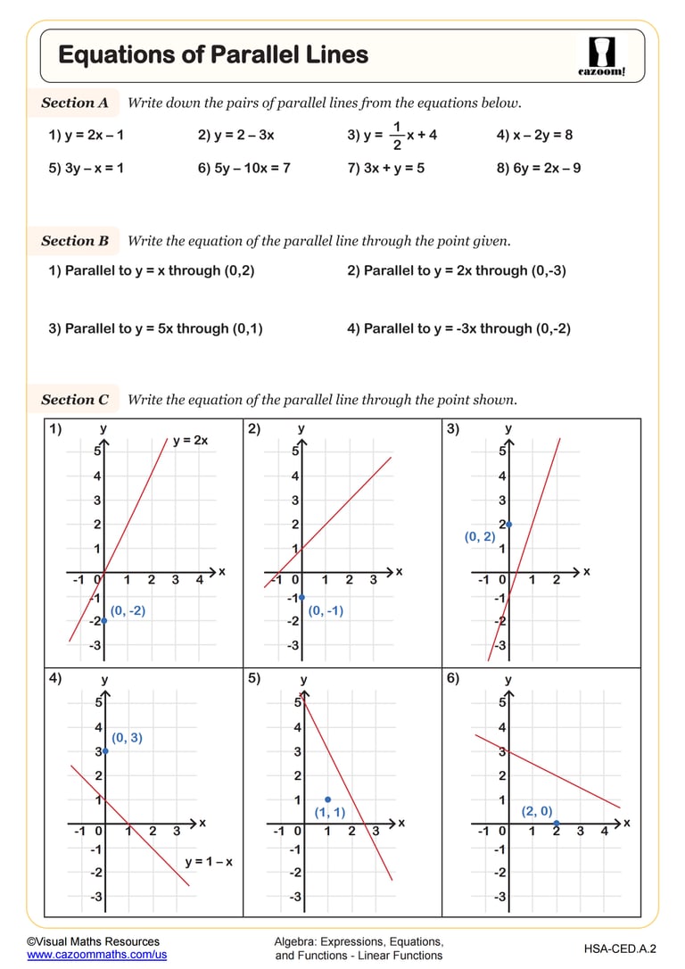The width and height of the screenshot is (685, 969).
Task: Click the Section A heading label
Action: (x=75, y=103)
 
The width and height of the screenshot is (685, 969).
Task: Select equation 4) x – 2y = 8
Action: (x=534, y=136)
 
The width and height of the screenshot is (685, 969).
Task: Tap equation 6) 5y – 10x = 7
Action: (x=243, y=168)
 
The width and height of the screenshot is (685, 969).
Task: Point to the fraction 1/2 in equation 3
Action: (x=397, y=136)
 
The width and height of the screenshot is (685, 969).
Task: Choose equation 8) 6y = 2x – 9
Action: (x=539, y=168)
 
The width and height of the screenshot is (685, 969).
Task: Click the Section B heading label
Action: (x=75, y=241)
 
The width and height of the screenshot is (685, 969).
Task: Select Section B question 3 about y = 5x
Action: (x=156, y=328)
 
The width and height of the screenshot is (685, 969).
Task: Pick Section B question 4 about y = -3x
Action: (x=458, y=328)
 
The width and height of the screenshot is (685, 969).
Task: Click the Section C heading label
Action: (x=75, y=400)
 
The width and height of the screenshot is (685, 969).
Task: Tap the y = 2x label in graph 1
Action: (x=190, y=441)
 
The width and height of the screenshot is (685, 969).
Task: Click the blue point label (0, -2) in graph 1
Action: (x=127, y=611)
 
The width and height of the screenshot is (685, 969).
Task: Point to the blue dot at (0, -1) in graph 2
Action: (x=302, y=597)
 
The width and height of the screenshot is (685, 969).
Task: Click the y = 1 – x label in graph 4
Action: (x=209, y=862)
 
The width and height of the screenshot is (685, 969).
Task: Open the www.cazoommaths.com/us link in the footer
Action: (x=96, y=955)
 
